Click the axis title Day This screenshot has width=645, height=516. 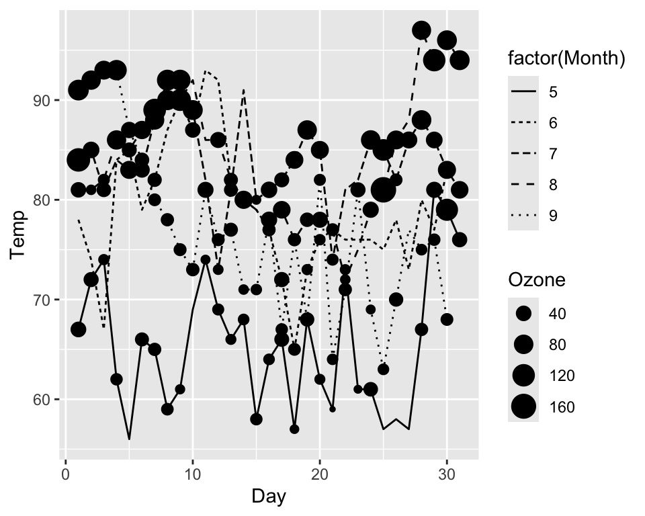[x=269, y=497]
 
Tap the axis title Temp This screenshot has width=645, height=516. [x=19, y=234]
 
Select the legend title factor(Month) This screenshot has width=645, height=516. [x=566, y=59]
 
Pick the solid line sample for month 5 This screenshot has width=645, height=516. [x=523, y=92]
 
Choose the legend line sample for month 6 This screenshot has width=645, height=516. [x=523, y=123]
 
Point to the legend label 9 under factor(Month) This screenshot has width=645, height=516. [x=553, y=216]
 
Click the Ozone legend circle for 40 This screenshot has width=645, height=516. [x=523, y=314]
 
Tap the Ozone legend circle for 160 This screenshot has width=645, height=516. [x=523, y=406]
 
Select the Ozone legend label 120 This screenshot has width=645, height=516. [x=562, y=376]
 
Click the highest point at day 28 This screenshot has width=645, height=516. [x=421, y=30]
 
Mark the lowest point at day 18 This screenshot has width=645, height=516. [x=294, y=429]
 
